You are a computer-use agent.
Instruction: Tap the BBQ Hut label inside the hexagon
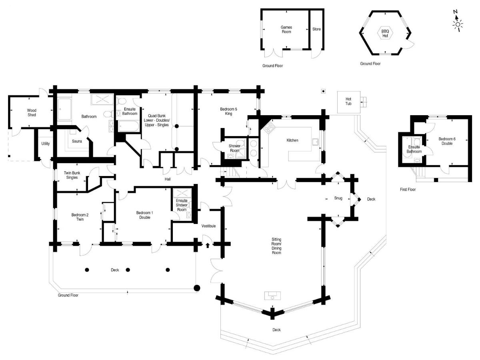click(x=385, y=33)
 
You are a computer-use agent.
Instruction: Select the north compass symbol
click(x=458, y=22)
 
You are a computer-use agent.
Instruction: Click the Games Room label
click(x=286, y=29)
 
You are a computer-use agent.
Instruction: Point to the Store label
click(x=316, y=29)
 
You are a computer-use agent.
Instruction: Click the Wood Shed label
click(x=32, y=112)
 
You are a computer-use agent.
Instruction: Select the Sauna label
click(x=77, y=141)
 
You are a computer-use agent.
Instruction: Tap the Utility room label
click(x=46, y=144)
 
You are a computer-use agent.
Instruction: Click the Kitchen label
click(x=292, y=140)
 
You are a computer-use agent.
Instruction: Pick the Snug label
click(x=338, y=198)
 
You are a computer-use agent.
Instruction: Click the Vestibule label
click(x=208, y=226)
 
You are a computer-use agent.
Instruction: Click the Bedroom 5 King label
click(x=228, y=111)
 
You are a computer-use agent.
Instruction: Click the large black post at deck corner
click(x=196, y=288)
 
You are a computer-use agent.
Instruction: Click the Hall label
click(x=168, y=179)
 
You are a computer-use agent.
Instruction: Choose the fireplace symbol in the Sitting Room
click(x=272, y=296)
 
